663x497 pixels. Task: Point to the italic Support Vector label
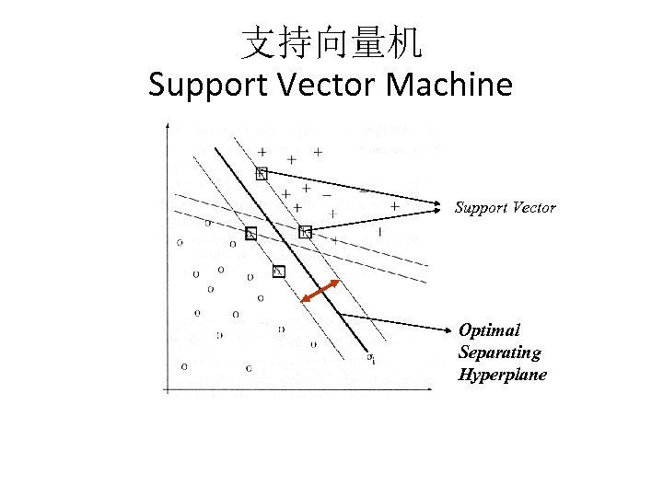tap(505, 208)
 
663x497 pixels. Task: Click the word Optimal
tap(489, 330)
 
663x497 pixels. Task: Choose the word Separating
tap(499, 353)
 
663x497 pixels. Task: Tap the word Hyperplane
tap(502, 375)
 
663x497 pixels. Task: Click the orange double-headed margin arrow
tap(321, 290)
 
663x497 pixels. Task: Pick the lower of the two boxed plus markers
tap(306, 232)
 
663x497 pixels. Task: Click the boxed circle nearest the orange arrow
tap(279, 271)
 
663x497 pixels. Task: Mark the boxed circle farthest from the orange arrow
tap(250, 234)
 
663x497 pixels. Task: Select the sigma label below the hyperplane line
tap(370, 357)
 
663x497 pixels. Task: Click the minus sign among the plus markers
tap(327, 194)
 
